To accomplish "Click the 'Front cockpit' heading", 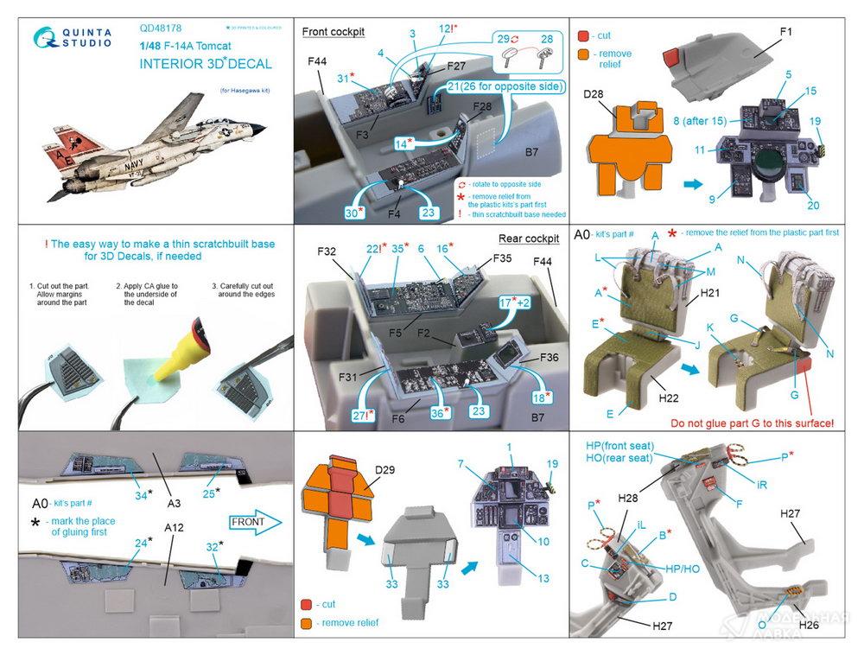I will point(334,32).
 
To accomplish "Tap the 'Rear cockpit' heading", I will point(529,238).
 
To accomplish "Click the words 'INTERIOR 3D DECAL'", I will point(205,63).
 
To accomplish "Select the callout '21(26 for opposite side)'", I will point(505,86).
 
